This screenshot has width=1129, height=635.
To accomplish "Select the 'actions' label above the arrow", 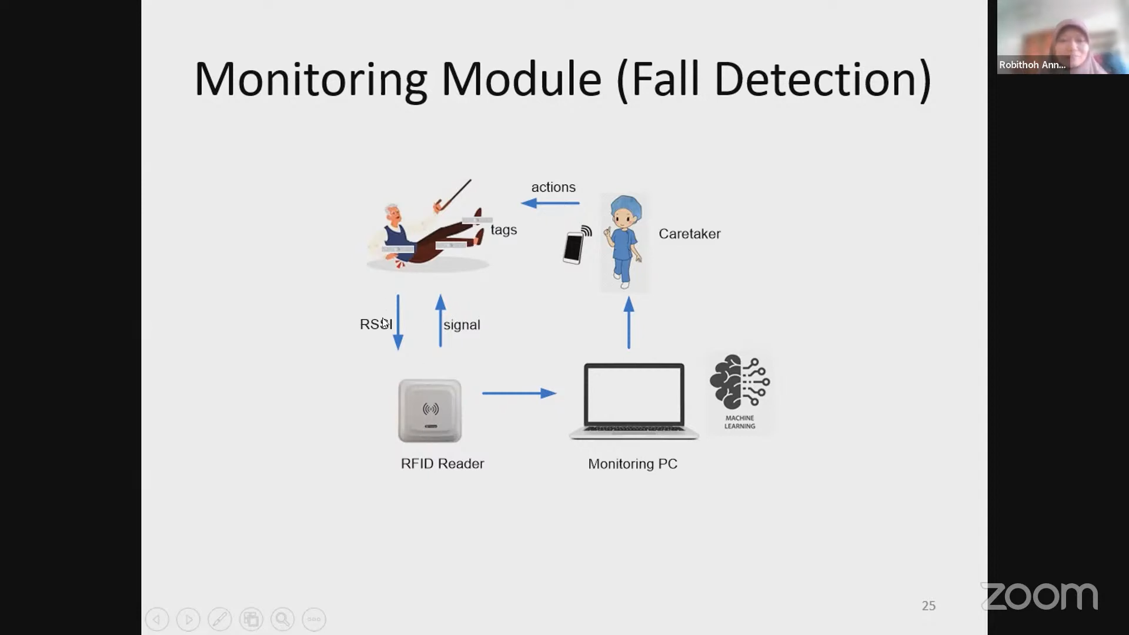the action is [x=553, y=187].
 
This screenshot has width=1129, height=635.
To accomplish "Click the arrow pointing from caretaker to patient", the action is [x=550, y=203].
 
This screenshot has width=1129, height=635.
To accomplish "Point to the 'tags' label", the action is [x=504, y=230].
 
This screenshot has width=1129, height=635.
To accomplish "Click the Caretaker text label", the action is [x=689, y=234].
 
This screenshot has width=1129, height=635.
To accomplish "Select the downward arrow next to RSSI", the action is [x=398, y=322].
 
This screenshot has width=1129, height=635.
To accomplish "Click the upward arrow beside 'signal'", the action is [x=440, y=320].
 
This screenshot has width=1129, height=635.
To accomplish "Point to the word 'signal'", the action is [x=462, y=325].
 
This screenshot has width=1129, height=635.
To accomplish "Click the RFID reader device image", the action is [x=430, y=410].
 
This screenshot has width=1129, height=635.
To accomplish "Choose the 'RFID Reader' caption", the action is [x=442, y=464].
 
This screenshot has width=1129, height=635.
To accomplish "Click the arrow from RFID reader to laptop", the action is [x=519, y=393].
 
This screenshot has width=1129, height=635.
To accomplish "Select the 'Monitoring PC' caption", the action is [x=633, y=464].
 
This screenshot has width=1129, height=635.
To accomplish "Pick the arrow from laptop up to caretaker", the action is [x=629, y=322].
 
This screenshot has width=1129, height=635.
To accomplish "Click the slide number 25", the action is [x=928, y=606].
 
